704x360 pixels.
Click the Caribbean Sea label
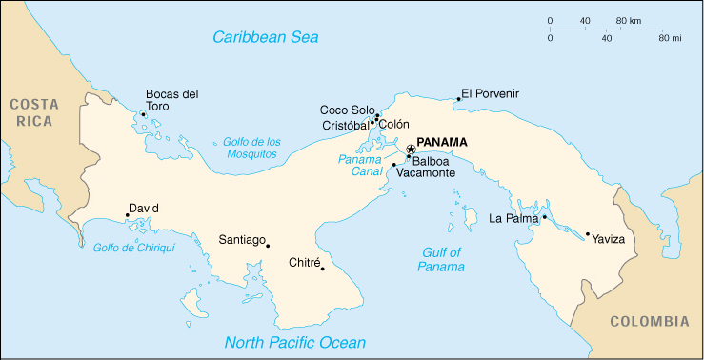[265, 37]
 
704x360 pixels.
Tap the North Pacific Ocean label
[294, 343]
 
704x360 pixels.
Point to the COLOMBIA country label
[649, 321]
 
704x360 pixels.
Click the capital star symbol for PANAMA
[411, 149]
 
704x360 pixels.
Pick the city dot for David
[128, 215]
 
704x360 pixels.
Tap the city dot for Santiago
[268, 246]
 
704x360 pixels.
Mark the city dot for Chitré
[323, 269]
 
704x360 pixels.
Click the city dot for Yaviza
[588, 234]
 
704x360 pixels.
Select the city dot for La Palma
[545, 218]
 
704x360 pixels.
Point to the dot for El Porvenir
[458, 99]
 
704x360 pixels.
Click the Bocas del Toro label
[171, 100]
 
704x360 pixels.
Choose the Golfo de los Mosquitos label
[251, 148]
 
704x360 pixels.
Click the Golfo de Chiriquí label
[134, 248]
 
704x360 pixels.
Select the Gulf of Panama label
[440, 259]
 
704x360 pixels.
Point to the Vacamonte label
[426, 174]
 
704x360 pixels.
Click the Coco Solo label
[348, 110]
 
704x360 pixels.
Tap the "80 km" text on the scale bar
[628, 20]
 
